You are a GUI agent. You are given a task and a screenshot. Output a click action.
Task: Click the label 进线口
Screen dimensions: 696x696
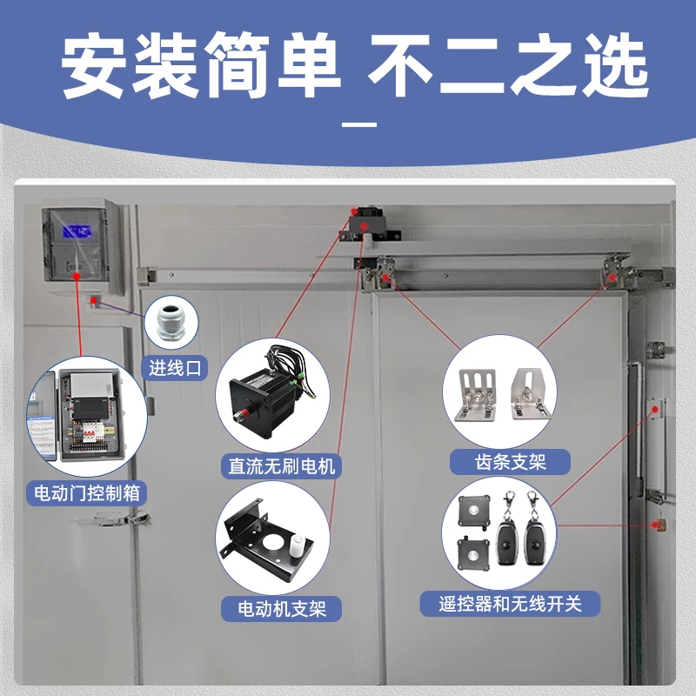click(x=175, y=368)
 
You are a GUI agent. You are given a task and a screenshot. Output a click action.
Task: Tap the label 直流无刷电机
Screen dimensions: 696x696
click(x=281, y=466)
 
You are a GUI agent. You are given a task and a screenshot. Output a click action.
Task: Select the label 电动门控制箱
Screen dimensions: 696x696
click(x=87, y=493)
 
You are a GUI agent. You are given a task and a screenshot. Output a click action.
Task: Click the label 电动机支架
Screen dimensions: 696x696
click(x=282, y=609)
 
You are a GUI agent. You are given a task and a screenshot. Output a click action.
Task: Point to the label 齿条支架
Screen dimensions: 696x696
click(x=510, y=462)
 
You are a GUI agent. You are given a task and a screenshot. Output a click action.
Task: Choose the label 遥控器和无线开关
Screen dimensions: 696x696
click(x=510, y=604)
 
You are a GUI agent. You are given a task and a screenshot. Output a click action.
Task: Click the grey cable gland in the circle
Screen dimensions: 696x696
click(x=171, y=322)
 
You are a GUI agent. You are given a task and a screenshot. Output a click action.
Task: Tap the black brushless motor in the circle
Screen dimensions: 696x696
click(x=269, y=395)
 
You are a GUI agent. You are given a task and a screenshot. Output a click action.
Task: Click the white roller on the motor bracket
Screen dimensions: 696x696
click(x=297, y=545)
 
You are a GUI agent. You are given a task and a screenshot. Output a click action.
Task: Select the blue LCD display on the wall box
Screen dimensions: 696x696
click(x=77, y=231)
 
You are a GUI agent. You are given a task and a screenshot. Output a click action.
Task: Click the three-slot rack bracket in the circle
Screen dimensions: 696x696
click(x=476, y=395)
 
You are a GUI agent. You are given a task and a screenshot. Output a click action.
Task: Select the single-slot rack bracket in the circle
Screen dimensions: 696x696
click(x=531, y=394)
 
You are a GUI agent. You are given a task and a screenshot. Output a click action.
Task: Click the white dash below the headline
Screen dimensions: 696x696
click(x=359, y=124)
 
